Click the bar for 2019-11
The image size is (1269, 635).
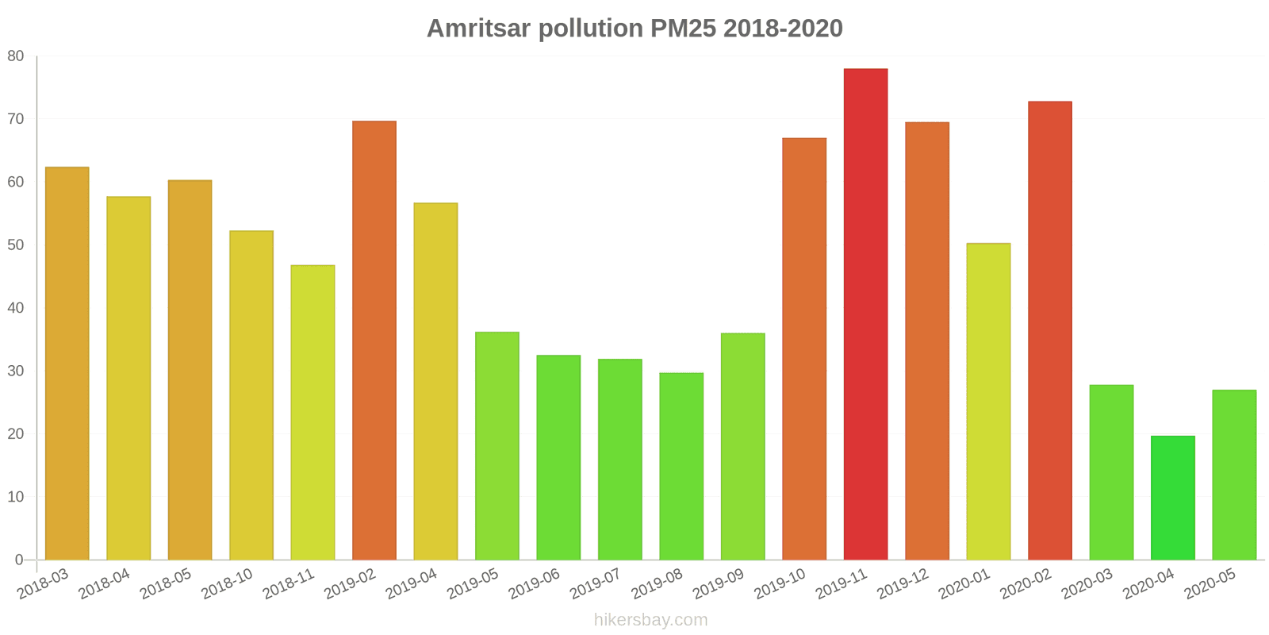[x=865, y=314]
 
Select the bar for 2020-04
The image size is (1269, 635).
[x=1172, y=498]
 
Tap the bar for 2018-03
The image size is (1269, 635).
[x=67, y=364]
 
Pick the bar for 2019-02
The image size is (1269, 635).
[x=374, y=341]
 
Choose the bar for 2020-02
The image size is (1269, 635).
[x=1049, y=330]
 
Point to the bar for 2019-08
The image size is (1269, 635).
[x=681, y=466]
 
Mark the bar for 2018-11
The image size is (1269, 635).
[x=312, y=413]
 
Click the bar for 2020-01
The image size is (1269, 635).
[x=988, y=402]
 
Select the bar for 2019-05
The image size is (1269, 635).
[x=497, y=446]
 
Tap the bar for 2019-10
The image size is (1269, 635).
[x=804, y=349]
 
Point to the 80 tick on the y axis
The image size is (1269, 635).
[x=16, y=56]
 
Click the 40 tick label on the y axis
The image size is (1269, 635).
[x=16, y=308]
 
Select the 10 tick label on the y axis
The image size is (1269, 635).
[x=16, y=497]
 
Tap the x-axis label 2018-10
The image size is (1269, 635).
[x=228, y=584]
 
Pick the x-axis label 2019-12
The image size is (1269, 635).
[x=903, y=584]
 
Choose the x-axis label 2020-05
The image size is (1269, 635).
[x=1210, y=584]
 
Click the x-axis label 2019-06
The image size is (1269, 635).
[x=535, y=584]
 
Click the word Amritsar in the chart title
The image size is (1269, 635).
[x=479, y=29]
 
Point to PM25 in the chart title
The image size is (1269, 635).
[x=683, y=29]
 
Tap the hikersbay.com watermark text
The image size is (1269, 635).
[x=650, y=620]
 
